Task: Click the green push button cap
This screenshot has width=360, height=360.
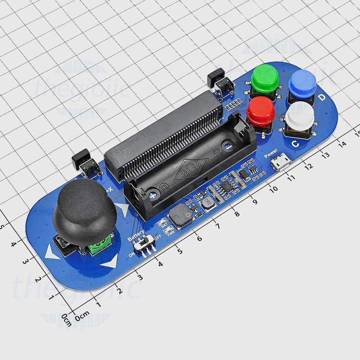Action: [265, 78]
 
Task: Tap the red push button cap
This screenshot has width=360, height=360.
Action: [261, 109]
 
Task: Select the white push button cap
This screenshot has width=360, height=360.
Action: [300, 115]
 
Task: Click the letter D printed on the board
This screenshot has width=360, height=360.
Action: [322, 97]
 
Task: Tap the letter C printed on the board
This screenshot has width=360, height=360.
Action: [295, 144]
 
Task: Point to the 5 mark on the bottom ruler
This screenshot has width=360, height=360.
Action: [179, 251]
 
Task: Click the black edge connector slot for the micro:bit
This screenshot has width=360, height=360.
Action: [164, 133]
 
